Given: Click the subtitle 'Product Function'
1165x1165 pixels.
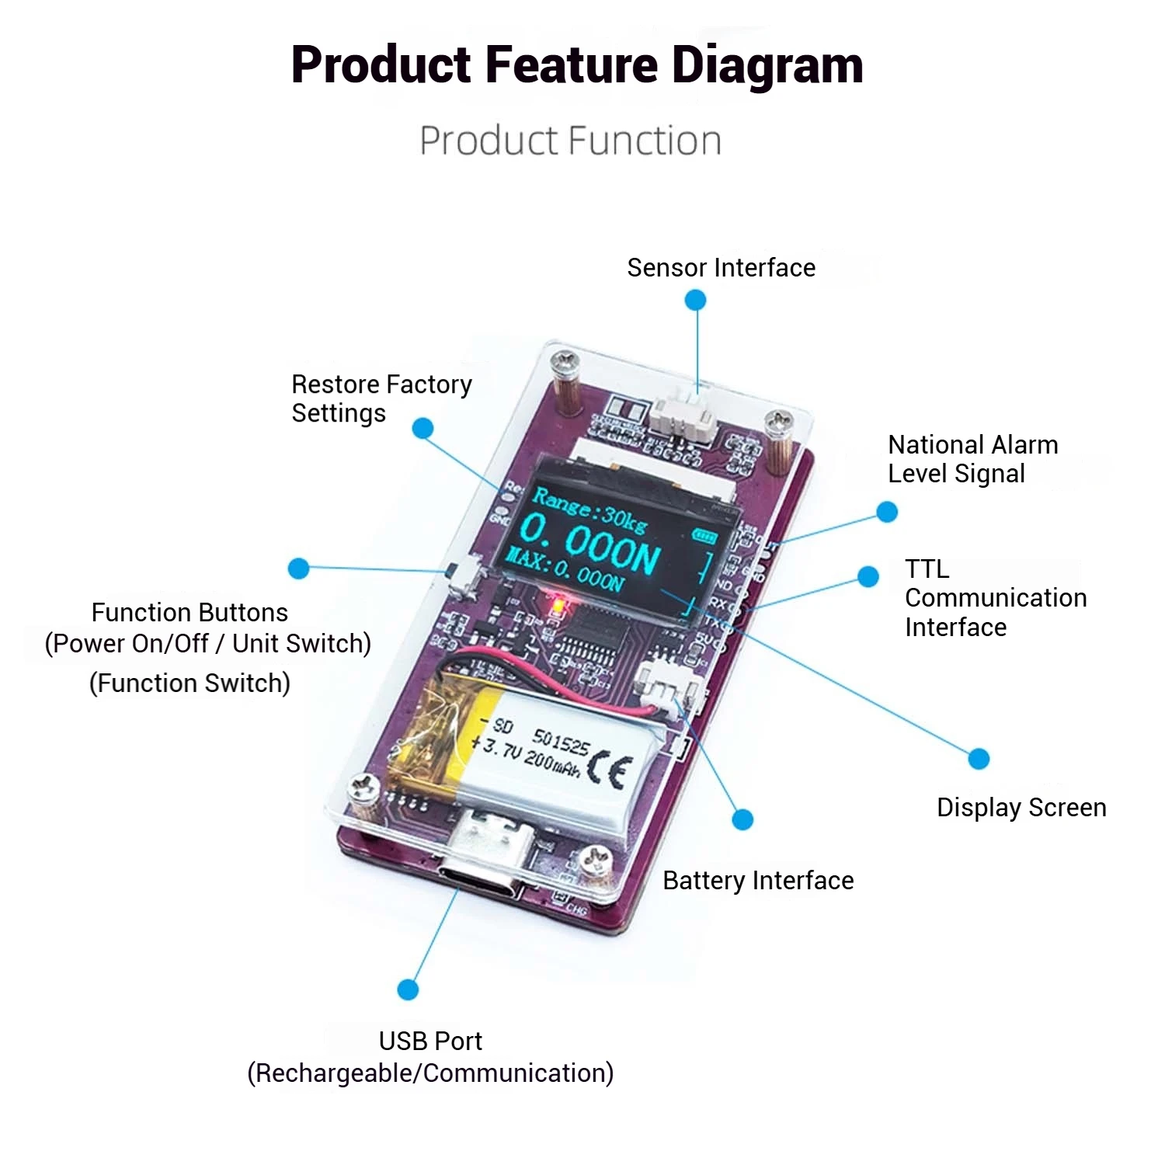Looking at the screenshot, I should tap(570, 141).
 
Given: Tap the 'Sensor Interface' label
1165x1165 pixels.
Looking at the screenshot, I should tap(721, 268).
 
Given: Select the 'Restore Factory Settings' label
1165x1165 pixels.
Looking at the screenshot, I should tap(381, 398).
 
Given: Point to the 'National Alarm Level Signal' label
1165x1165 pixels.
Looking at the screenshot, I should tap(972, 459).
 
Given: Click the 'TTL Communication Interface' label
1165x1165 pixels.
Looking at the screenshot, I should tap(995, 598).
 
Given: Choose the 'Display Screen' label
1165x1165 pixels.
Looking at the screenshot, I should tap(1021, 808).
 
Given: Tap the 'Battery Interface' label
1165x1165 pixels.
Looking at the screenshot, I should tap(758, 881).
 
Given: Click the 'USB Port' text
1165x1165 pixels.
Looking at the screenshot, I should tap(430, 1041).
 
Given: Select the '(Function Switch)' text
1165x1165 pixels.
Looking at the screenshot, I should tap(190, 683).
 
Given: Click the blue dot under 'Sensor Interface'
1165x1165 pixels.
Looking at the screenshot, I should tap(696, 300).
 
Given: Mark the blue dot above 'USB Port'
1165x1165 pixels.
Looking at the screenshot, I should tap(408, 989).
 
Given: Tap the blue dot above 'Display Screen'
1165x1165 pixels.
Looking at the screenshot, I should tap(979, 759).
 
